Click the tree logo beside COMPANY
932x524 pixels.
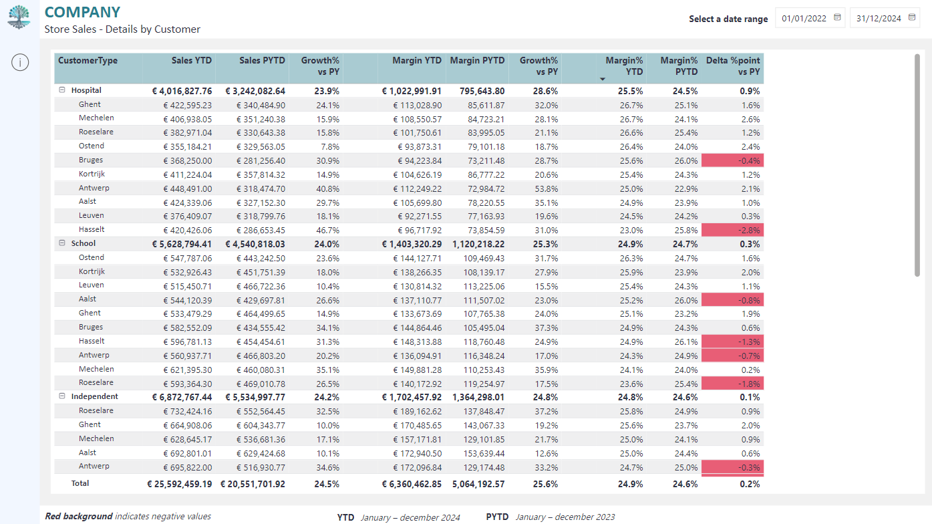[19, 17]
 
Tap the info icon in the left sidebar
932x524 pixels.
[20, 62]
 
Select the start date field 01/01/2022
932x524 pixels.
[810, 18]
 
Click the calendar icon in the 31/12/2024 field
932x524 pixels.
[911, 17]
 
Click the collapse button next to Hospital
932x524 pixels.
[62, 90]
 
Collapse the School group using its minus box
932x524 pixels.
[62, 243]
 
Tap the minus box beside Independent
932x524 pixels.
[62, 396]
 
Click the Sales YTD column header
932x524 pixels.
[191, 60]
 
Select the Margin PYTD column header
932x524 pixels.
[477, 60]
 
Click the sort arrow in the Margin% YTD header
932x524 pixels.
[602, 79]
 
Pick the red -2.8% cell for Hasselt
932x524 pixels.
[732, 230]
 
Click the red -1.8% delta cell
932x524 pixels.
[732, 384]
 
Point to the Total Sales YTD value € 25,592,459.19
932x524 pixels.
[179, 484]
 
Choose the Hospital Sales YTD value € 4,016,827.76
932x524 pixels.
[182, 91]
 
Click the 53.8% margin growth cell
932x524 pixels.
[547, 189]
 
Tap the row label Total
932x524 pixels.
[80, 483]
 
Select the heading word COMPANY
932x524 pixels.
[82, 13]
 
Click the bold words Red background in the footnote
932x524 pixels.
[79, 516]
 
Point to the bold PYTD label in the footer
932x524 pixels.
[497, 517]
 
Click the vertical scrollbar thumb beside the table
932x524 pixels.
[917, 165]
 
